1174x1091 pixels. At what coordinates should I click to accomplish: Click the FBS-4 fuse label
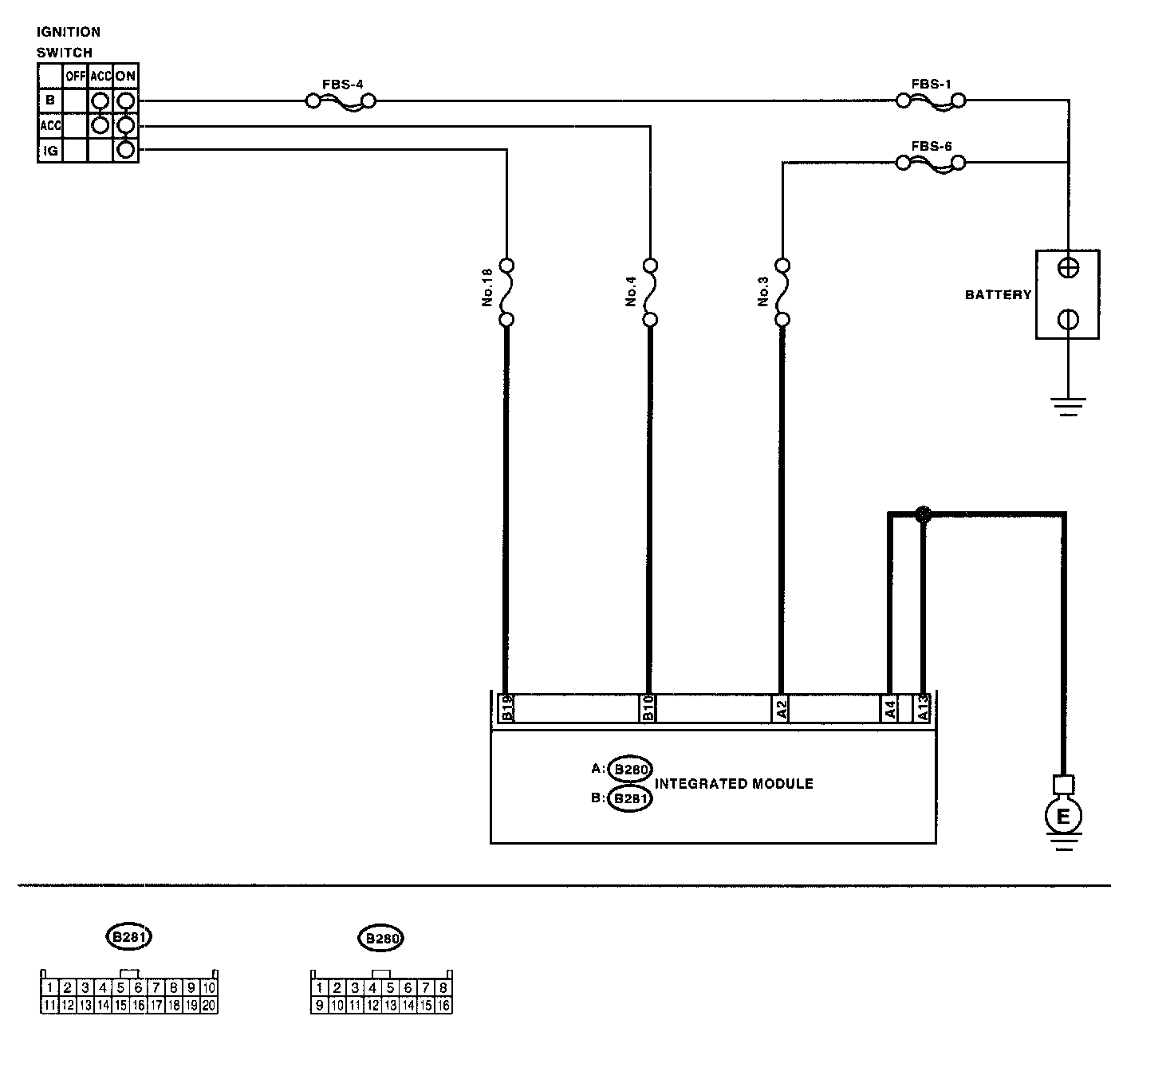tap(343, 84)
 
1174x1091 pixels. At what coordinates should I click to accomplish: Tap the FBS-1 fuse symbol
tap(931, 101)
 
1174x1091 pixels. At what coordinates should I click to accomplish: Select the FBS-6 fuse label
tap(931, 147)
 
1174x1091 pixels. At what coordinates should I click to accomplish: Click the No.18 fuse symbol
tap(506, 293)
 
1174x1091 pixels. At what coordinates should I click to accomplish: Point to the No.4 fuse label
tap(631, 293)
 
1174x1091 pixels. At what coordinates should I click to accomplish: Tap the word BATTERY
tap(998, 295)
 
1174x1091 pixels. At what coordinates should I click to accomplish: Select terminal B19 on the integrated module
tap(506, 708)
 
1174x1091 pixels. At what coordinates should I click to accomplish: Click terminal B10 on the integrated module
tap(648, 708)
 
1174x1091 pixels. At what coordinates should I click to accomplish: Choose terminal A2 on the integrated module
tap(782, 708)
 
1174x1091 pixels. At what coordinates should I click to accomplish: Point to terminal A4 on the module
tap(889, 708)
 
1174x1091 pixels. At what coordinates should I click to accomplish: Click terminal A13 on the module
tap(924, 708)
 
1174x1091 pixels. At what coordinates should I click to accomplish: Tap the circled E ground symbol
tap(1062, 816)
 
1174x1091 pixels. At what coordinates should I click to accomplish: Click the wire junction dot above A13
tap(923, 514)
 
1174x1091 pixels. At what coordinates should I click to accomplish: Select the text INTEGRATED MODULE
tap(734, 784)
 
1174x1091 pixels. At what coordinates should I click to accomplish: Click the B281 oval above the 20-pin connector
tap(128, 937)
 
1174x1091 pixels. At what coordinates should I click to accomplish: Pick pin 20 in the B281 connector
tap(209, 1005)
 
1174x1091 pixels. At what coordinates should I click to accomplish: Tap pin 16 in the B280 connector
tap(443, 1005)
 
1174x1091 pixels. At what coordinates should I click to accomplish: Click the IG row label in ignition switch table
tap(50, 150)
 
